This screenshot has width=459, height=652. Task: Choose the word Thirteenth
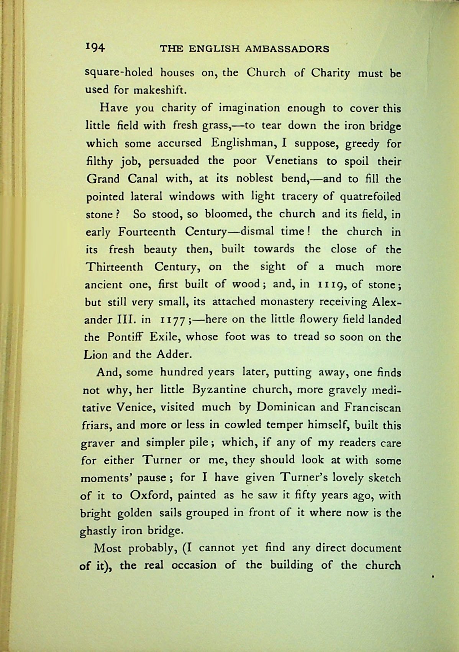(x=115, y=267)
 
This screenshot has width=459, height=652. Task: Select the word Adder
(x=173, y=354)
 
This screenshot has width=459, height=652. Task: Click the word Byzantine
(x=216, y=390)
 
